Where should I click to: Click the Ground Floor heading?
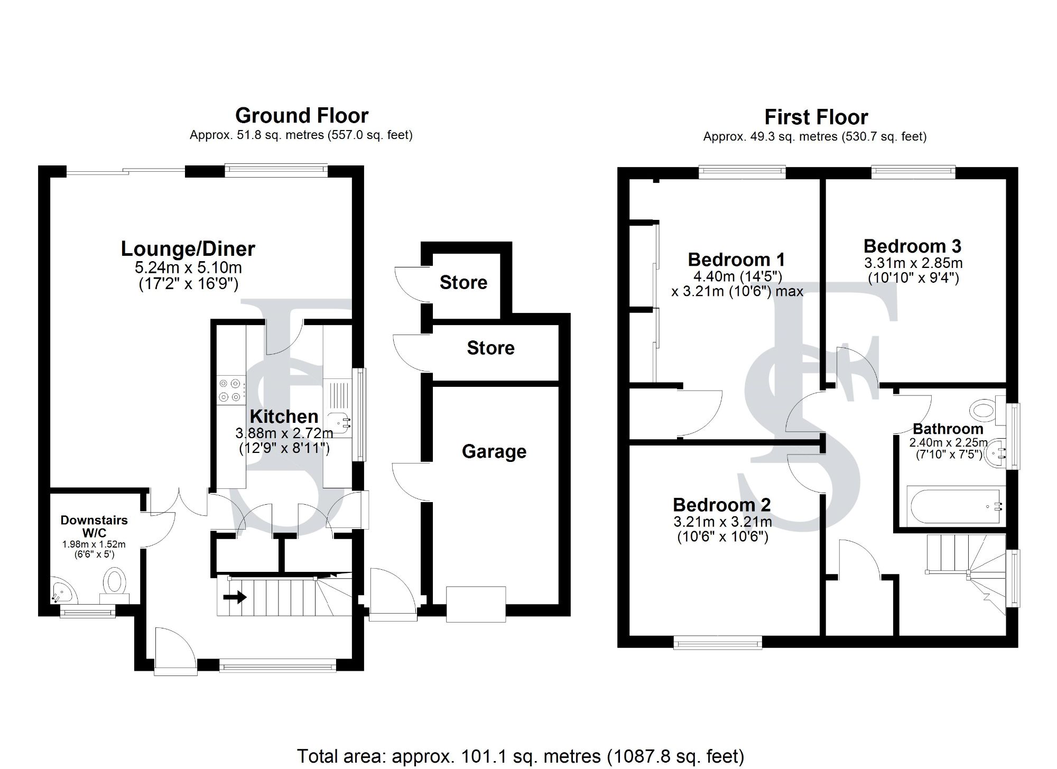pyautogui.click(x=302, y=115)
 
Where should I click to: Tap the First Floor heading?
pyautogui.click(x=816, y=117)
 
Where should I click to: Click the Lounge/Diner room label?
pyautogui.click(x=188, y=248)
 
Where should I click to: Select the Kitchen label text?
pyautogui.click(x=284, y=416)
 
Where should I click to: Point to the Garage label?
pyautogui.click(x=494, y=451)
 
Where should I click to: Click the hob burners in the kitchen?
pyautogui.click(x=230, y=390)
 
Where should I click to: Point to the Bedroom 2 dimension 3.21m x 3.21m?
pyautogui.click(x=722, y=522)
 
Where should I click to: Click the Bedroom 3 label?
pyautogui.click(x=912, y=246)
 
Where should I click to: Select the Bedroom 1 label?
pyautogui.click(x=736, y=260)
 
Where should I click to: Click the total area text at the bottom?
pyautogui.click(x=520, y=756)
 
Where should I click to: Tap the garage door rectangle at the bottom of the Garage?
pyautogui.click(x=476, y=604)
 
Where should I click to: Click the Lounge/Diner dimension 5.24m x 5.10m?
pyautogui.click(x=188, y=267)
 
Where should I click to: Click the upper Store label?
pyautogui.click(x=463, y=282)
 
